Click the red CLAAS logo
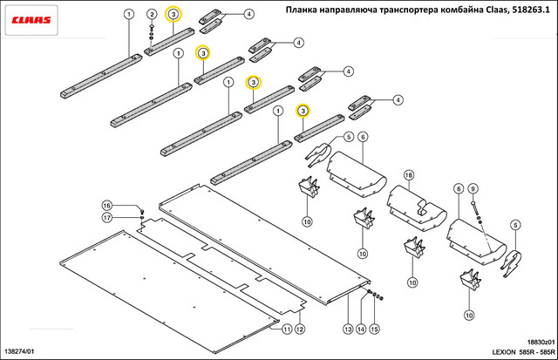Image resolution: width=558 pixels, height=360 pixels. (31, 17)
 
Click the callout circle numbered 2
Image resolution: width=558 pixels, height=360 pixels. (151, 15)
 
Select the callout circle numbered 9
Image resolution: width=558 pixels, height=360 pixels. (473, 188)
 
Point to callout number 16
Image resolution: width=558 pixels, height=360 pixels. (107, 205)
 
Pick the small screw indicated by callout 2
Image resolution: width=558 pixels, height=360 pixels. (152, 31)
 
